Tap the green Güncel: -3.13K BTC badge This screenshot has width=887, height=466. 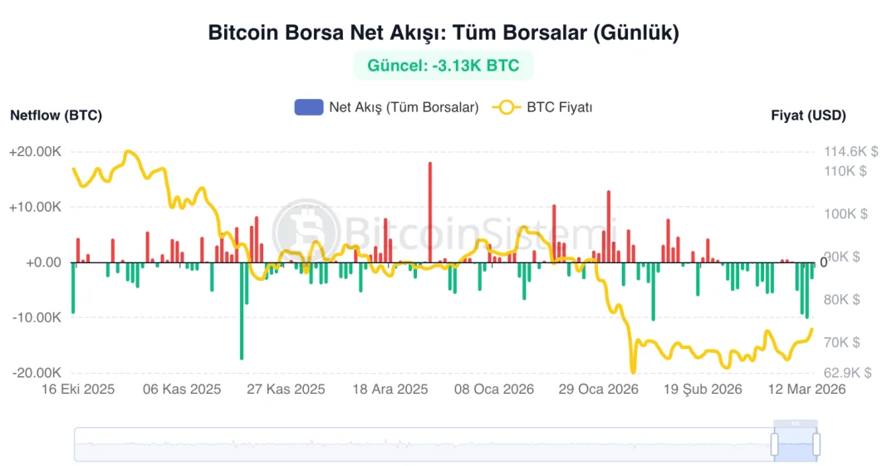click(443, 66)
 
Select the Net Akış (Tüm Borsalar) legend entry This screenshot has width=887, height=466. click(386, 107)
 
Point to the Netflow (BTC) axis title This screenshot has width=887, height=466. click(56, 115)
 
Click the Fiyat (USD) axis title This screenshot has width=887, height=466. click(808, 115)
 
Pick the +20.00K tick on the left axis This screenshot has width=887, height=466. click(35, 152)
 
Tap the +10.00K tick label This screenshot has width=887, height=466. click(35, 207)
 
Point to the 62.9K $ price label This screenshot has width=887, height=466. click(845, 373)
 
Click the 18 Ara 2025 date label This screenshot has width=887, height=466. click(390, 389)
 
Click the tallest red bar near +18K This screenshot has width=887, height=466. click(430, 212)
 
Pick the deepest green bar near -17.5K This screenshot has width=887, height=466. click(242, 311)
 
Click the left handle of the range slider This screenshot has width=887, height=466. click(775, 444)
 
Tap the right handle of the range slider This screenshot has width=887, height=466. click(816, 444)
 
